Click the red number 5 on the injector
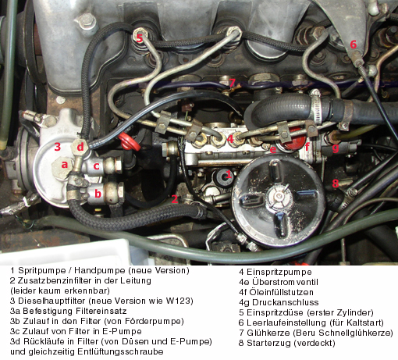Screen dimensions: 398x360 pyautogui.click(x=140, y=38)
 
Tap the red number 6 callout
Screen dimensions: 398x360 pyautogui.click(x=353, y=45)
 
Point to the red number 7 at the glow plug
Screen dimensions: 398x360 pyautogui.click(x=232, y=83)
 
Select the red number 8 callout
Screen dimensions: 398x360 pyautogui.click(x=336, y=184)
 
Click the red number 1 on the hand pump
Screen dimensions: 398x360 pyautogui.click(x=229, y=174)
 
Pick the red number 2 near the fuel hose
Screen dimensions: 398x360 pyautogui.click(x=175, y=199)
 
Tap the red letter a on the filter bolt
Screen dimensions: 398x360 pyautogui.click(x=65, y=165)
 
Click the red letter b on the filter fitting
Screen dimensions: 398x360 pyautogui.click(x=98, y=194)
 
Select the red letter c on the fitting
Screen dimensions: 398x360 pyautogui.click(x=97, y=166)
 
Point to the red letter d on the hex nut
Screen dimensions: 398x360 pyautogui.click(x=80, y=147)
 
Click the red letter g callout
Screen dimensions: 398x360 pyautogui.click(x=336, y=148)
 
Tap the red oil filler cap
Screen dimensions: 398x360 pyautogui.click(x=294, y=139)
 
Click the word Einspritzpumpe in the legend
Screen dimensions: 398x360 pyautogui.click(x=279, y=272)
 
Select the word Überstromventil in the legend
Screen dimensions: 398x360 pyautogui.click(x=285, y=282)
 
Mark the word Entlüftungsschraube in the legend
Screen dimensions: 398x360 pyautogui.click(x=120, y=351)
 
